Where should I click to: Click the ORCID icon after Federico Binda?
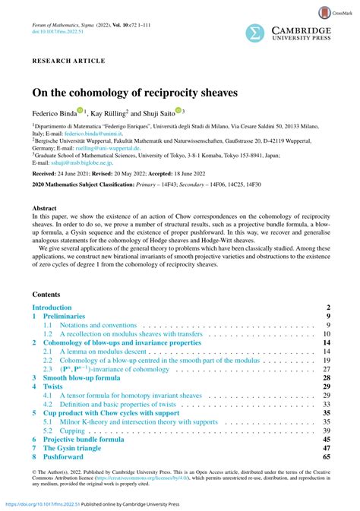click(80, 110)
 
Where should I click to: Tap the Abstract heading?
click(44, 207)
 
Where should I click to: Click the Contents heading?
click(47, 273)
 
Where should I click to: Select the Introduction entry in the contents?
click(57, 285)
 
